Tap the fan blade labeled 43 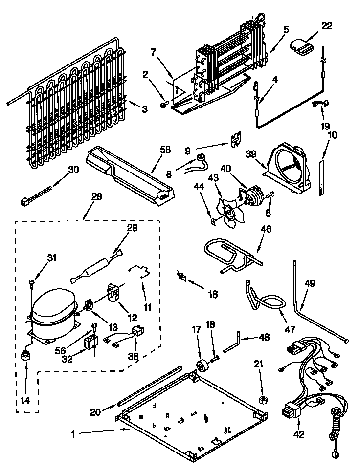227,211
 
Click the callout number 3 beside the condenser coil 144,109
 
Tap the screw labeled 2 163,103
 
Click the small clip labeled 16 181,276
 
